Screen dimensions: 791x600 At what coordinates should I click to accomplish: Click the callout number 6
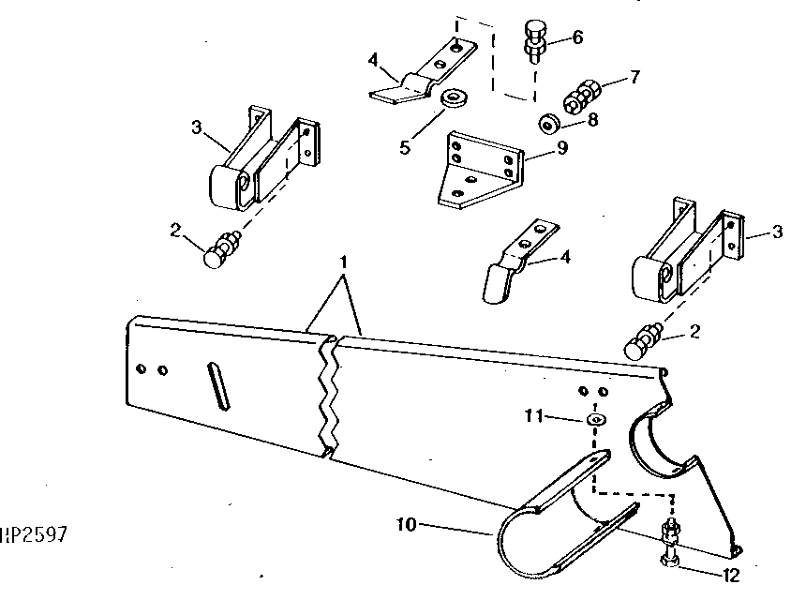577,37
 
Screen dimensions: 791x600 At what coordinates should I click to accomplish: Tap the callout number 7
634,76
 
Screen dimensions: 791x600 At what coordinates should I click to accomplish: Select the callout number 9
562,147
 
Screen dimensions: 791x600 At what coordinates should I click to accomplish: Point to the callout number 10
407,525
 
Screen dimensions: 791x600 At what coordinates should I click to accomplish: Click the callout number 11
534,417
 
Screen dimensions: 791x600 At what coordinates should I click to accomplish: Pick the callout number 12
731,576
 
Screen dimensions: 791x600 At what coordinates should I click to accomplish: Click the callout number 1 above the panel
344,262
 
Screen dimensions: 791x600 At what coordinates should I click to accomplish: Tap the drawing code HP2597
34,534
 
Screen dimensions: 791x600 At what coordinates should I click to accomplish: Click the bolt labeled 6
534,40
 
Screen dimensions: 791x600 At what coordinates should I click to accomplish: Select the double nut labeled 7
582,97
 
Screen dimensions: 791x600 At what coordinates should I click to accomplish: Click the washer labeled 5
454,97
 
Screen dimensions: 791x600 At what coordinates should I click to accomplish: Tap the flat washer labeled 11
596,419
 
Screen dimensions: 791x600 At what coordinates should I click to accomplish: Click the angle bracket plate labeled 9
479,171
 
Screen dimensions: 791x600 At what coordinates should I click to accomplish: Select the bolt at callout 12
669,544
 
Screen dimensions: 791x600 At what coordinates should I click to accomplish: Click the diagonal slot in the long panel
219,386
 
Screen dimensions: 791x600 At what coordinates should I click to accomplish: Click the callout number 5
405,148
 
